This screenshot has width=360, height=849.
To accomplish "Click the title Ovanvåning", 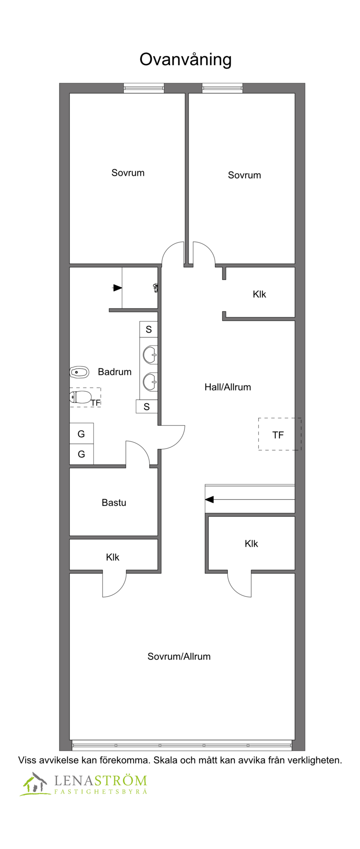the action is (185, 60).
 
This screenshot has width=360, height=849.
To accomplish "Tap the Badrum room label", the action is (115, 372).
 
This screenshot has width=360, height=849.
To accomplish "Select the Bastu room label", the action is (114, 503).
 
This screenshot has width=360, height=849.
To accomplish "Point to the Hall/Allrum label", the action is (228, 387).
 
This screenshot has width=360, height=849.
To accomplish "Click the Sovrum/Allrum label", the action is (179, 656).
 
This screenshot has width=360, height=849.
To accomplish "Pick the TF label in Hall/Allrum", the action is (278, 435).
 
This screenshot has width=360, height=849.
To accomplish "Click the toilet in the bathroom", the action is (80, 397).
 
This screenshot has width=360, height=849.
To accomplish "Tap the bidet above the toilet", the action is (79, 372).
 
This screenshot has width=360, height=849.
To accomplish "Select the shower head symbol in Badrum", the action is (156, 287).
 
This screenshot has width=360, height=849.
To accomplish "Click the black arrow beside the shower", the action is (117, 288).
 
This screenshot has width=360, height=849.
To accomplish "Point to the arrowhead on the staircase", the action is (209, 499).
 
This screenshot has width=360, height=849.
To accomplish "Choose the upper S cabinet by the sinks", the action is (148, 329).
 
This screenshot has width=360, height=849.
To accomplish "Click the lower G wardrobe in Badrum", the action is (81, 454).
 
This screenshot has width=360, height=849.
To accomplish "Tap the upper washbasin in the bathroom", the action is (150, 355).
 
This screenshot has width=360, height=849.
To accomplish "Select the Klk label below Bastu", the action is (112, 557).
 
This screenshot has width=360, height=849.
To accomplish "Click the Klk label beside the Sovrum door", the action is (259, 294).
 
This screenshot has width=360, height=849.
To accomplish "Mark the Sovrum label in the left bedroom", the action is (128, 173).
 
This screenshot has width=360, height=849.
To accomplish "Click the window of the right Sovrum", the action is (222, 88).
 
